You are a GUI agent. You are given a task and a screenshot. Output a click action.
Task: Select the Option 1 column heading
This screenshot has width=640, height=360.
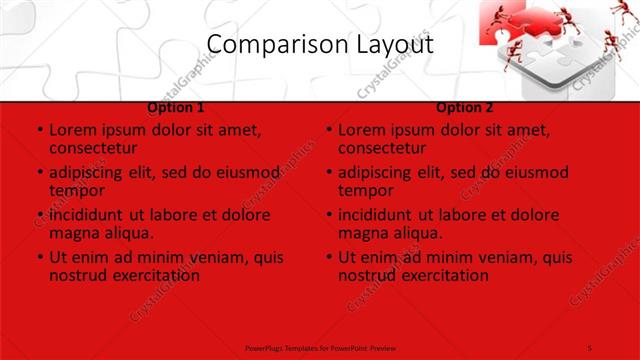[x=176, y=107]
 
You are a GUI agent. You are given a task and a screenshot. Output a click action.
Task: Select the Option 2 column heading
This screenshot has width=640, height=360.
[x=465, y=107]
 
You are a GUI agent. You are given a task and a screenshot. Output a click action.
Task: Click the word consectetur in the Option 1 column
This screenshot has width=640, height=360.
[x=99, y=148]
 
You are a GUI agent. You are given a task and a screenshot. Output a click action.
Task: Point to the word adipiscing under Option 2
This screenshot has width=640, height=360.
[x=378, y=172]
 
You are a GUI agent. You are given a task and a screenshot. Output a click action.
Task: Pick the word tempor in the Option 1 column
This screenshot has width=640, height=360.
[x=77, y=190]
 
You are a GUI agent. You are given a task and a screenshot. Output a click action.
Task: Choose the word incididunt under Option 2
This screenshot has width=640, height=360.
[x=378, y=215]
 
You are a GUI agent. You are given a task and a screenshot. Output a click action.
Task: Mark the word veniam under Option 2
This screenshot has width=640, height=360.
[x=475, y=257]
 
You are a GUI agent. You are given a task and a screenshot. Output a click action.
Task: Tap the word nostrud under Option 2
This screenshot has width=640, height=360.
[x=367, y=275]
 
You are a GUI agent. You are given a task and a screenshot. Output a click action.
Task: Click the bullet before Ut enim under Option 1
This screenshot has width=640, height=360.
[x=40, y=257]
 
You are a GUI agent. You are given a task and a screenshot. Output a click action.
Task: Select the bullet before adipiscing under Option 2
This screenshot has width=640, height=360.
[x=329, y=172]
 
